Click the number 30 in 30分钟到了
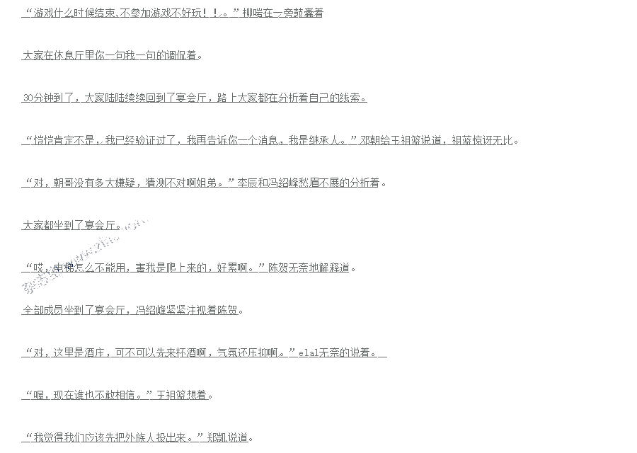coord(28,98)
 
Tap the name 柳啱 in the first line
coord(252,13)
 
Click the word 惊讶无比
coord(490,141)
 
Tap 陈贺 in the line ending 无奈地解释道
coord(277,268)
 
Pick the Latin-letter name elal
coord(308,353)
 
